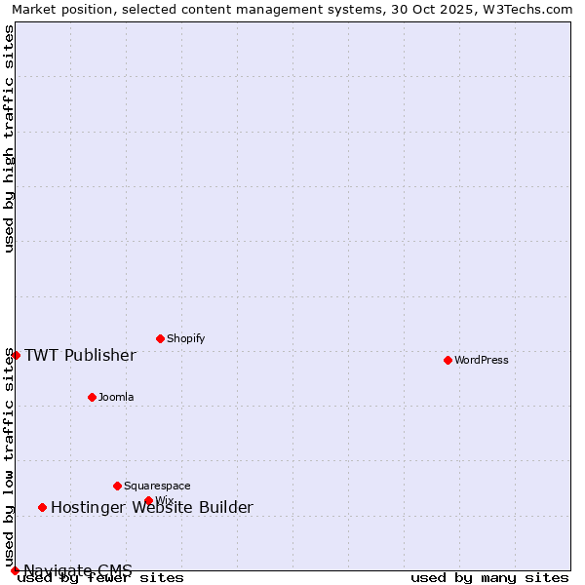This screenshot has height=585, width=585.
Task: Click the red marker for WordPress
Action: [448, 360]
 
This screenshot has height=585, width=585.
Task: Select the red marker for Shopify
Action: [160, 338]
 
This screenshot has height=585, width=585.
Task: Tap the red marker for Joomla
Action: [92, 397]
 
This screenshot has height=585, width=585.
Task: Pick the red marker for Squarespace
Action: [117, 486]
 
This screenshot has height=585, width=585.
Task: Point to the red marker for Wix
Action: [148, 500]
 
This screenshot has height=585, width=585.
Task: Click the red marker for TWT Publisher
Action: [16, 355]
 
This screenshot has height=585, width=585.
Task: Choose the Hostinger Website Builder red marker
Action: [42, 507]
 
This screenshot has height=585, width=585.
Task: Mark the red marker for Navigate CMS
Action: [15, 570]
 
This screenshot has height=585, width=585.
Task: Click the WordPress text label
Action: [482, 360]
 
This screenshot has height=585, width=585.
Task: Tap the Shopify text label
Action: [185, 338]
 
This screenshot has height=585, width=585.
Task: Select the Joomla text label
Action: [116, 397]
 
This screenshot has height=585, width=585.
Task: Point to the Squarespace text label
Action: [157, 486]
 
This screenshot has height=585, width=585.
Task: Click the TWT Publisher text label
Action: [80, 355]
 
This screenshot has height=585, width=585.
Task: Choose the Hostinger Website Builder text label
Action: [152, 507]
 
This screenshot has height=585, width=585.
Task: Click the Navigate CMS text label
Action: [78, 570]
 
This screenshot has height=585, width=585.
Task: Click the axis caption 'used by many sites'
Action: [489, 578]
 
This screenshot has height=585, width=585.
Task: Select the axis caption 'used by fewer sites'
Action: [100, 578]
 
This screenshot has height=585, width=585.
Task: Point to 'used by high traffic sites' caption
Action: [9, 138]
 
